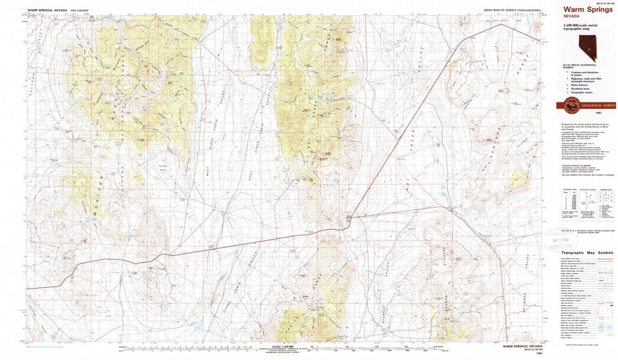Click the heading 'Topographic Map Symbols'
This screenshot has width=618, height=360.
(587, 252)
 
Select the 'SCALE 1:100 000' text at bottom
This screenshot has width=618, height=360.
(284, 346)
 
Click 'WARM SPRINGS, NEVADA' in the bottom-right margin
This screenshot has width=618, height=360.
(522, 346)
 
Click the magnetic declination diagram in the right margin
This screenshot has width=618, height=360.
(582, 201)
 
